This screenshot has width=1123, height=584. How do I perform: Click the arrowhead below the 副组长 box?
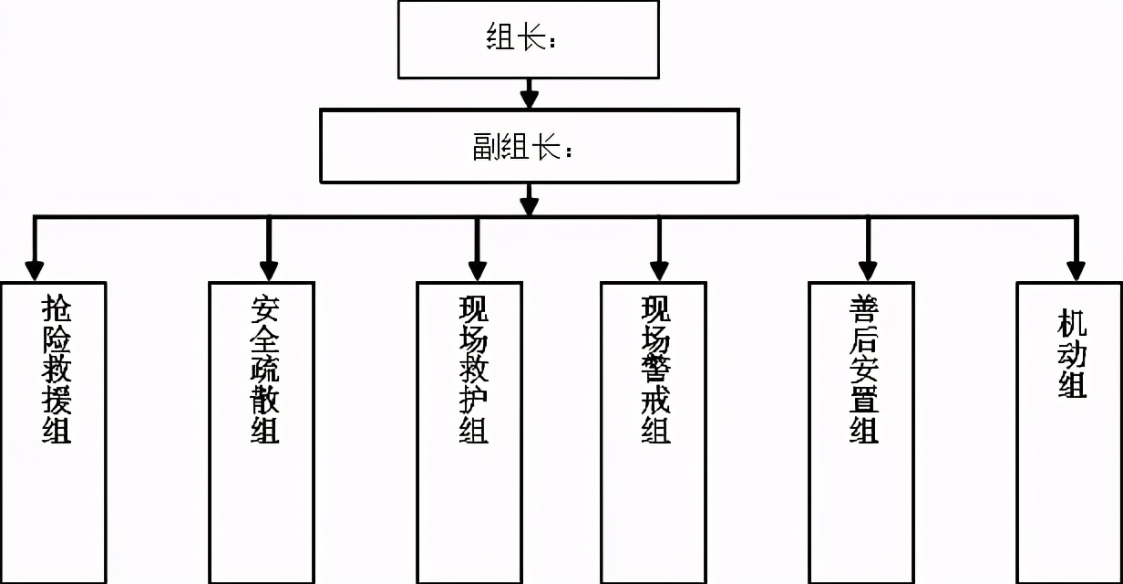click(x=529, y=205)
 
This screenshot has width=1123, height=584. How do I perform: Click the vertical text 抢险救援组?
click(x=56, y=369)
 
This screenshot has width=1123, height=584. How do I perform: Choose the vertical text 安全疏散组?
click(x=264, y=369)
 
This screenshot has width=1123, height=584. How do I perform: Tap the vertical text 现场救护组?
click(x=472, y=369)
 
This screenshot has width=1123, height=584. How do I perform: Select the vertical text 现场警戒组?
click(x=655, y=369)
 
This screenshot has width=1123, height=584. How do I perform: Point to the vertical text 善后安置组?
click(x=863, y=369)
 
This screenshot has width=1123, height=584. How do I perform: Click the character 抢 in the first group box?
click(x=56, y=308)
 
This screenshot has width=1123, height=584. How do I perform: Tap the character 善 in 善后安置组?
click(x=863, y=308)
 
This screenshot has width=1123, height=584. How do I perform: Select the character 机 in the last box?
click(x=1072, y=324)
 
